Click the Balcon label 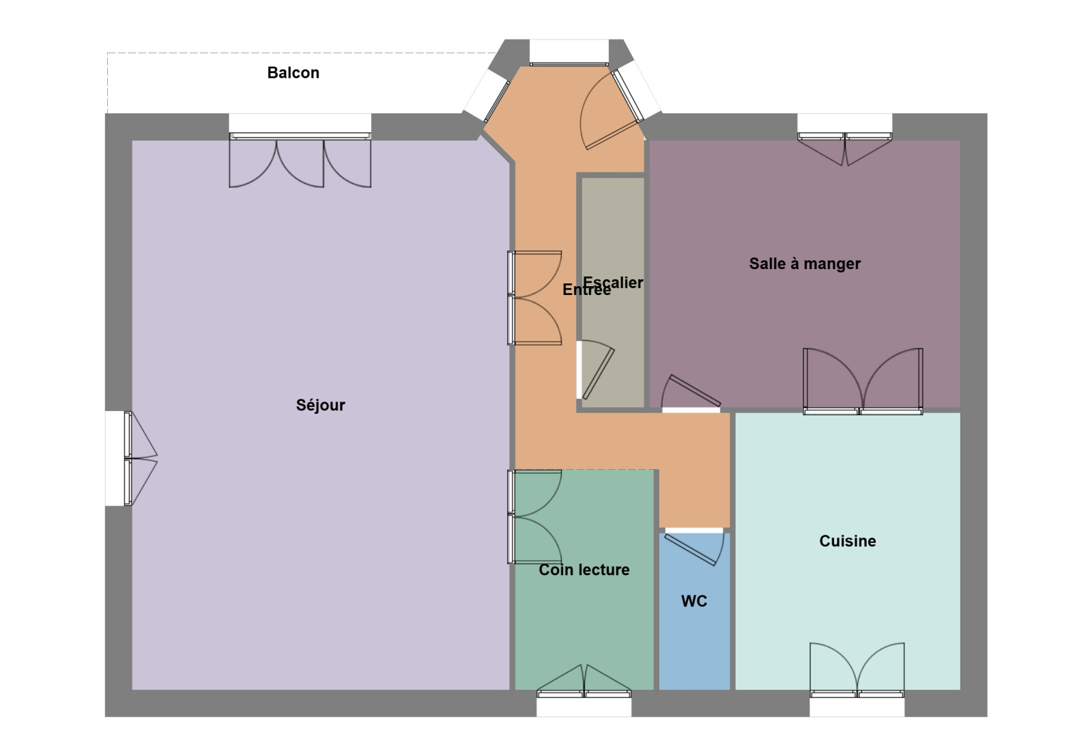click(293, 72)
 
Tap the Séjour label click(320, 405)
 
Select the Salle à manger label click(805, 264)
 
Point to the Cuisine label click(847, 541)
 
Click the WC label click(693, 601)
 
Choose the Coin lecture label click(584, 570)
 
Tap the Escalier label click(613, 283)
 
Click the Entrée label click(586, 290)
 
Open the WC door click(694, 546)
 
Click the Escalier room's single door click(595, 369)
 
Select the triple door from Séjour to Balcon click(300, 160)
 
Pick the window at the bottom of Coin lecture click(584, 681)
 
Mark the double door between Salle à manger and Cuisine click(863, 381)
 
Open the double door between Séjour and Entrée click(534, 298)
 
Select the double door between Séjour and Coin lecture click(534, 516)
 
